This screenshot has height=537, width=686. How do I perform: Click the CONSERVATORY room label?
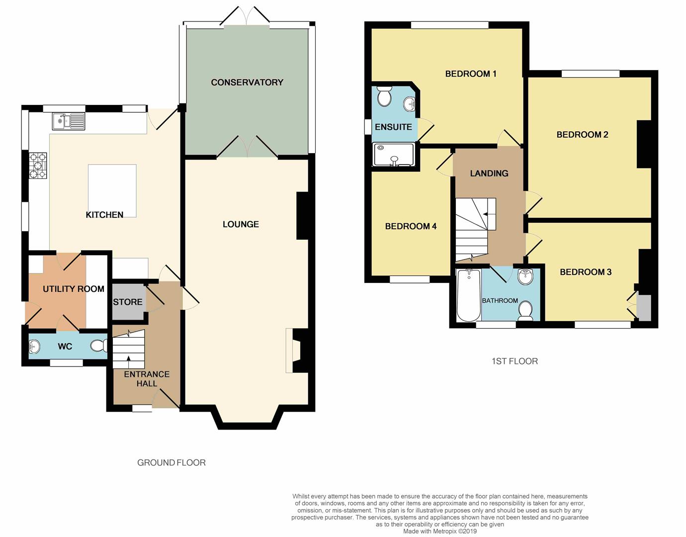coord(247,83)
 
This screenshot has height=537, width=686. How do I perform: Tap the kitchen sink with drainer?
coord(69,121)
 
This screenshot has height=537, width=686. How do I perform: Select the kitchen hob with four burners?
coord(38,166)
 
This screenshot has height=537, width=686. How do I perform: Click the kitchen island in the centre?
coord(112,190)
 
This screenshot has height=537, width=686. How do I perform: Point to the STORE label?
coord(128,302)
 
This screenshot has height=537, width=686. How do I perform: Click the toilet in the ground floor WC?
coord(99,346)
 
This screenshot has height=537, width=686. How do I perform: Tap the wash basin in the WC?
coord(34,347)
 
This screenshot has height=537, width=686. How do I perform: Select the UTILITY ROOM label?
coord(74,289)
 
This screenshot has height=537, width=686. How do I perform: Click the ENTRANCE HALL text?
coord(147,379)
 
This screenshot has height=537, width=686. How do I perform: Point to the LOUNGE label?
coord(241,224)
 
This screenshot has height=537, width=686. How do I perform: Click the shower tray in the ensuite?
coord(393,154)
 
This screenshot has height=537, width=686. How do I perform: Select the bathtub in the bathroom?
coord(469,295)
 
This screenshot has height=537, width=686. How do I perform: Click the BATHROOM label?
coord(500,300)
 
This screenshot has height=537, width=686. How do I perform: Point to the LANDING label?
coord(489,174)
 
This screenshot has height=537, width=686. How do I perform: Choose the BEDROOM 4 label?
coord(411,226)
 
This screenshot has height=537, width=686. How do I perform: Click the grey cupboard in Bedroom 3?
coord(644,308)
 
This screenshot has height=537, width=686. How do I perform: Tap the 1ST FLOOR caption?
coord(514,361)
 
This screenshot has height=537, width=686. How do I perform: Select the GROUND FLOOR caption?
coord(171,463)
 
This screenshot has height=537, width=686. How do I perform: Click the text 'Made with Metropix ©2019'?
coord(440,532)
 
